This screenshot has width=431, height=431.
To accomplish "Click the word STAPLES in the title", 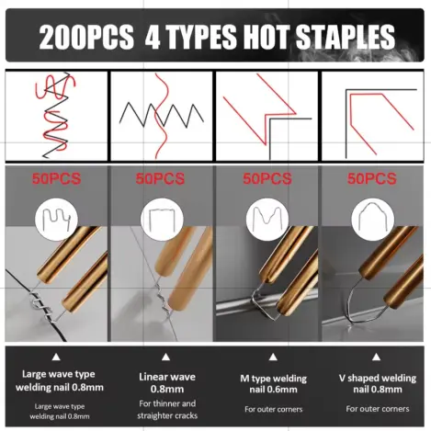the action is pos(346,37).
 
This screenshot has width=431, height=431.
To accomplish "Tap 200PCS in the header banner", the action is pos(86,37).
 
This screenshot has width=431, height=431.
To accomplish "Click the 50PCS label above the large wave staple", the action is pos(57,178).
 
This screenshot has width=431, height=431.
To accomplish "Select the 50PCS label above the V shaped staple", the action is pos(371,178).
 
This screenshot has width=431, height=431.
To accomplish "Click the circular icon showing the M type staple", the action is pos(267,219).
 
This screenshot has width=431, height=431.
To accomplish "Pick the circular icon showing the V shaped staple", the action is pos(372,220).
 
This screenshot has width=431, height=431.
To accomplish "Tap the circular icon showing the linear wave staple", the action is pos(162,220).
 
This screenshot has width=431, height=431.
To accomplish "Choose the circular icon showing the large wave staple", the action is pos(57,220).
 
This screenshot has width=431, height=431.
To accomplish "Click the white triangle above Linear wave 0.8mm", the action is pos(165,357).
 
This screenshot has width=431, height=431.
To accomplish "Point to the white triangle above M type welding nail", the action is pos(273,357).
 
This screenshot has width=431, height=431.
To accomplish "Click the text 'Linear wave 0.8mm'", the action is pos(167,383).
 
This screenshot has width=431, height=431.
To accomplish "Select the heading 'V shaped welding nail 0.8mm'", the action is pos(378,383).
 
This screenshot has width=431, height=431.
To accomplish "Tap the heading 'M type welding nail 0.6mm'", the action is pos(273,384).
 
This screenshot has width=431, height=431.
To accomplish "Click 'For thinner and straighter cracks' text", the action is pos(167,410).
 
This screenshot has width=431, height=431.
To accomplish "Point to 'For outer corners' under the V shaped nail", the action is pos(378,409).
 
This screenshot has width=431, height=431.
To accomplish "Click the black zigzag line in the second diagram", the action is pos(162,115).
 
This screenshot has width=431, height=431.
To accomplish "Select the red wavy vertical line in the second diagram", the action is pos(162,116).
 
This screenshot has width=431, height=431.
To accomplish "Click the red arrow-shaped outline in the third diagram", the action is pos(259,109).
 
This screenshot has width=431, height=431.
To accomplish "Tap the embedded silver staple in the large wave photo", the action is pos(41,306).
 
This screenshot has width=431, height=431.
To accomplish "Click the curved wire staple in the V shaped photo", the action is pos(365,301).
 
